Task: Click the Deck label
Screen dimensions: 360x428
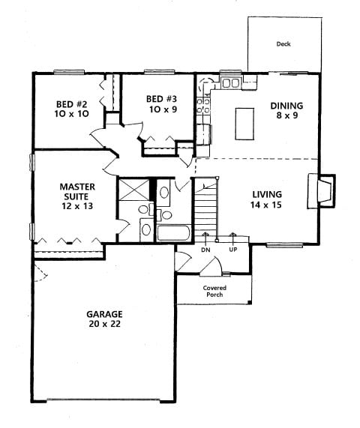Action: coord(283,43)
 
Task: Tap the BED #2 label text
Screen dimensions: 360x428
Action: coord(71,104)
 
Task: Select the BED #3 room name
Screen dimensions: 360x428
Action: coord(162,99)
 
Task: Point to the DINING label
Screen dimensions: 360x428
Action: coord(286,106)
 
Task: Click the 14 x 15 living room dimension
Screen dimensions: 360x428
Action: coord(266,205)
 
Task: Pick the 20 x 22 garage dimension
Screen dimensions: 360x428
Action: coord(104,324)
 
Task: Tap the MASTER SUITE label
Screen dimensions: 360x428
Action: coord(77,192)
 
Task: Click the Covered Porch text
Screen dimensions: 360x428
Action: coord(214,292)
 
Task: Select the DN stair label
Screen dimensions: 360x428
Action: coord(205,250)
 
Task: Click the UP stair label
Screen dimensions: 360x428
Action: coord(233,250)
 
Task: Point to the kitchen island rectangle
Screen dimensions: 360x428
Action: coord(244,124)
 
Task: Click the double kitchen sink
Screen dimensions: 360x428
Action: coord(231,83)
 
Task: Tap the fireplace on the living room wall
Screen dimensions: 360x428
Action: coord(322,191)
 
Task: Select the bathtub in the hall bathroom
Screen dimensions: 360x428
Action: coord(174,233)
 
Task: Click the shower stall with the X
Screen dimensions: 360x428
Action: coord(134,189)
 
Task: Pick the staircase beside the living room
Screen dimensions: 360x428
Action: coord(205,209)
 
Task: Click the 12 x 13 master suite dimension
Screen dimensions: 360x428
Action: coord(77,206)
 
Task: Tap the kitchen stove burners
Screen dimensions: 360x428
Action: coord(203,106)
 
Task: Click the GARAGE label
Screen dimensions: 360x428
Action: coord(104,314)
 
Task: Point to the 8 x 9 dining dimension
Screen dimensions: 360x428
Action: coord(286,115)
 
